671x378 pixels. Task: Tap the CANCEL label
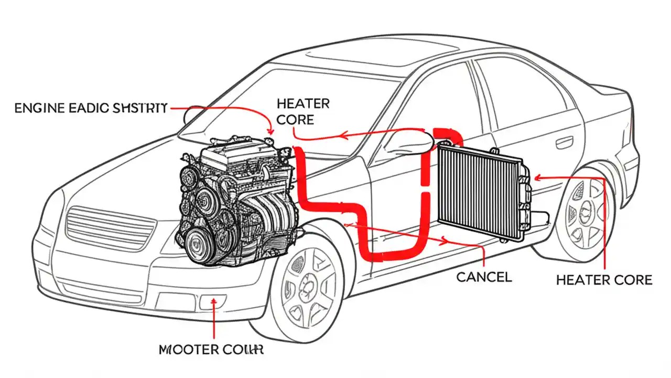(483, 277)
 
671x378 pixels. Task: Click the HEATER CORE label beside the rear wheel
(604, 279)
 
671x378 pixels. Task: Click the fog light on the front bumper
(212, 302)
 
